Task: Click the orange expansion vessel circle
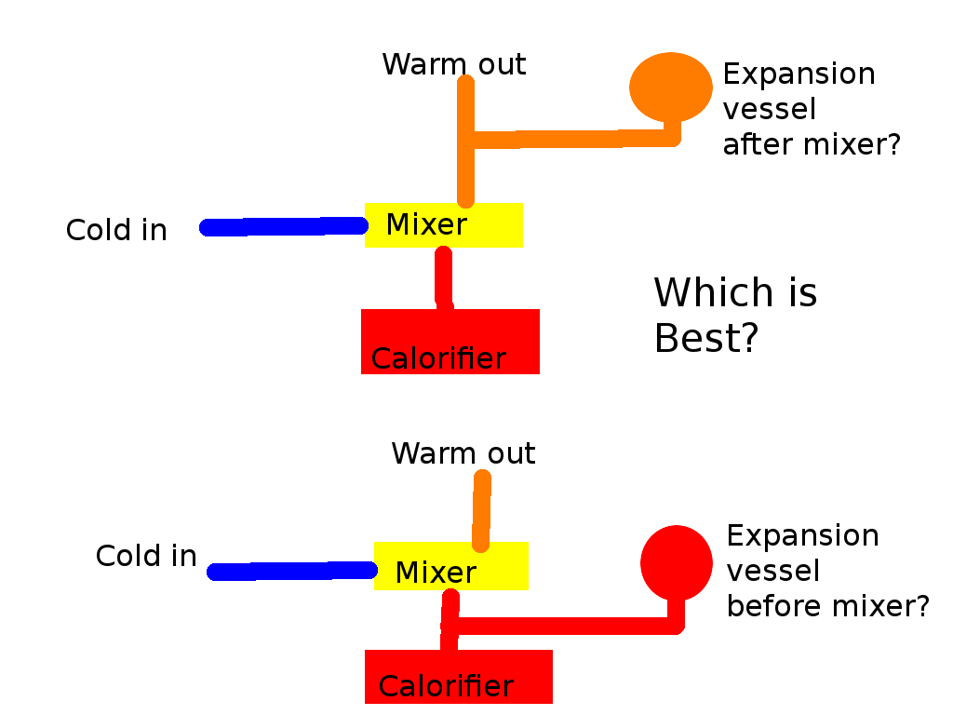pos(670,86)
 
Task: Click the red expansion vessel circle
pos(676,562)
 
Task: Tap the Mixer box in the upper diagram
pos(443,224)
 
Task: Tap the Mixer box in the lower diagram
pos(450,566)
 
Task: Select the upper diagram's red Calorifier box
pos(450,341)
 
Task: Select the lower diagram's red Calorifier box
pos(458,677)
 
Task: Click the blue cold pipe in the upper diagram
pos(284,226)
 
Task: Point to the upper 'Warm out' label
pos(453,65)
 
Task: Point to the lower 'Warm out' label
pos(463,453)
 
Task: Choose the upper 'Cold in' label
pos(116,230)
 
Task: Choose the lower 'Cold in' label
pos(146,556)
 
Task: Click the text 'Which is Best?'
pos(734,316)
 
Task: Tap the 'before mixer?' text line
pos(827,606)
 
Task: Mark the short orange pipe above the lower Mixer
pos(481,509)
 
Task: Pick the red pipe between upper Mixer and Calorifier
pos(444,277)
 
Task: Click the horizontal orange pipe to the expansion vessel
pos(572,140)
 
